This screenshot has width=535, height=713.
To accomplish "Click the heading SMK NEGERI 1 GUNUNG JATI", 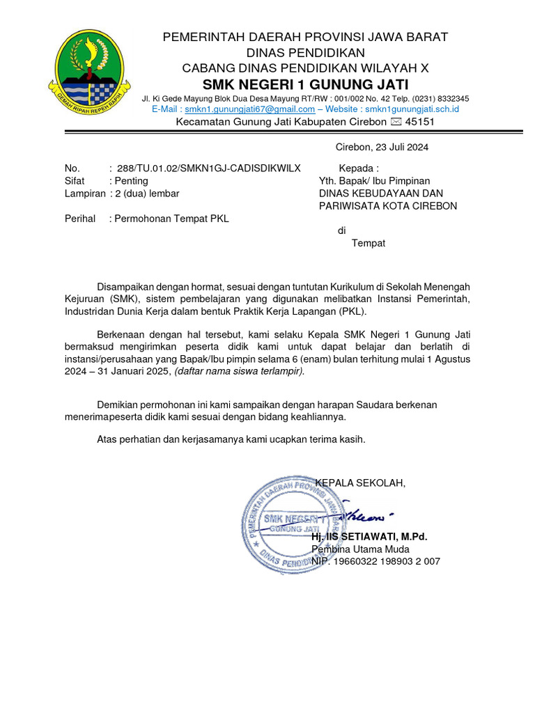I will tap(305, 84).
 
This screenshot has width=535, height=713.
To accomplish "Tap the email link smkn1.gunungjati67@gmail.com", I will tap(249, 109).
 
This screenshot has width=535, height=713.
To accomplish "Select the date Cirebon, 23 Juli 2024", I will tap(382, 147).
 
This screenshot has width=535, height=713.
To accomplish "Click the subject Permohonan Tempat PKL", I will tap(171, 219).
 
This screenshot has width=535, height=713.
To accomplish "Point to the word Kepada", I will tap(358, 169).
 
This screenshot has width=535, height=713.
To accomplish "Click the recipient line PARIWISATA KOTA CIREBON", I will tap(388, 206).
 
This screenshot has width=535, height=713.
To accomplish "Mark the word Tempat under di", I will tap(368, 243).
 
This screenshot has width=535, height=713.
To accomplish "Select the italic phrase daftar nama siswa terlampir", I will tap(239, 372).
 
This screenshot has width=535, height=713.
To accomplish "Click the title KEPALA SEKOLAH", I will tap(359, 483).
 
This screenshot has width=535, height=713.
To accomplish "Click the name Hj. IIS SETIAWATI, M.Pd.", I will tap(369, 537).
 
